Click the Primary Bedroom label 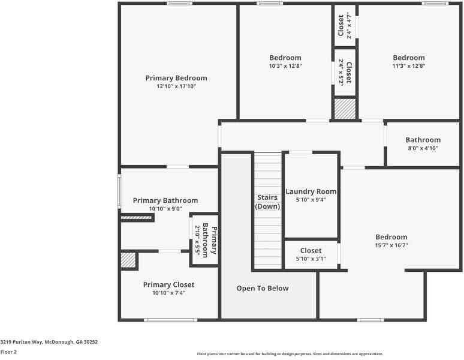176,78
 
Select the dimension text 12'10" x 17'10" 176,86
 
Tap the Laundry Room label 311,191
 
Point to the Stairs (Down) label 267,202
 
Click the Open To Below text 262,289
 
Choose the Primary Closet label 168,284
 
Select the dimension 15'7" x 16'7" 391,245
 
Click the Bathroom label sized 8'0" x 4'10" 423,140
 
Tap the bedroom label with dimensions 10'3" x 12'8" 285,58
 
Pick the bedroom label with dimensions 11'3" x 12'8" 409,58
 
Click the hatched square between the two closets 345,109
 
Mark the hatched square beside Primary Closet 128,260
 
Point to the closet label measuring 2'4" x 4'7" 341,25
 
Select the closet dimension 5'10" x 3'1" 311,259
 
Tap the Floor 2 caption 9,352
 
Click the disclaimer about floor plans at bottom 290,354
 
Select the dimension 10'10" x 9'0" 165,209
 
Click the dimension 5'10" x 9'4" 311,200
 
